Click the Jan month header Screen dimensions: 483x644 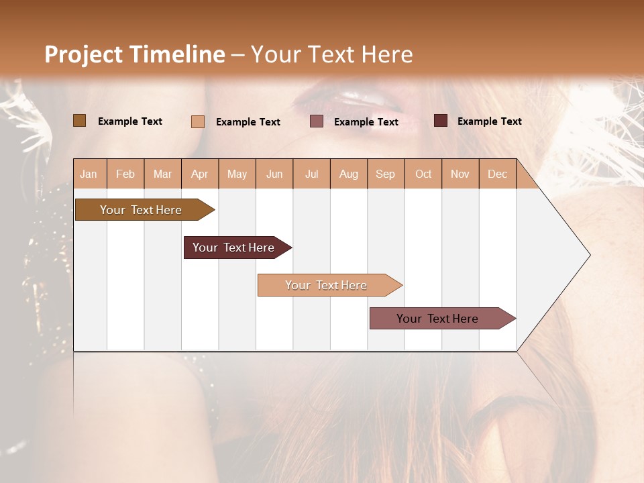pyautogui.click(x=89, y=174)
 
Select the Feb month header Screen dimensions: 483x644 pyautogui.click(x=125, y=174)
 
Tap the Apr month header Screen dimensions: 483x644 pyautogui.click(x=200, y=174)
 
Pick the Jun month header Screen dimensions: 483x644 pyautogui.click(x=274, y=174)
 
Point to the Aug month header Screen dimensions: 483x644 pyautogui.click(x=349, y=174)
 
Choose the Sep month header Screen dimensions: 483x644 pyautogui.click(x=385, y=174)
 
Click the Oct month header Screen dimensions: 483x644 pyautogui.click(x=423, y=174)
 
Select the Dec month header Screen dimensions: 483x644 pyautogui.click(x=497, y=174)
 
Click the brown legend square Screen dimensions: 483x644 pyautogui.click(x=80, y=121)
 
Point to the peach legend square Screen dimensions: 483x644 pyautogui.click(x=198, y=121)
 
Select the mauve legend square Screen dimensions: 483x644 pyautogui.click(x=317, y=121)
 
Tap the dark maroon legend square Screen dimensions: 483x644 pyautogui.click(x=441, y=121)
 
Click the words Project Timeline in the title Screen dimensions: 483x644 pyautogui.click(x=134, y=54)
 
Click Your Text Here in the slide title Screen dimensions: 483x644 pyautogui.click(x=331, y=54)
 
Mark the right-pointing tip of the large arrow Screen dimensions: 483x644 pyautogui.click(x=588, y=255)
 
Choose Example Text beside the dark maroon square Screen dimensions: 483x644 pyautogui.click(x=489, y=121)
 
